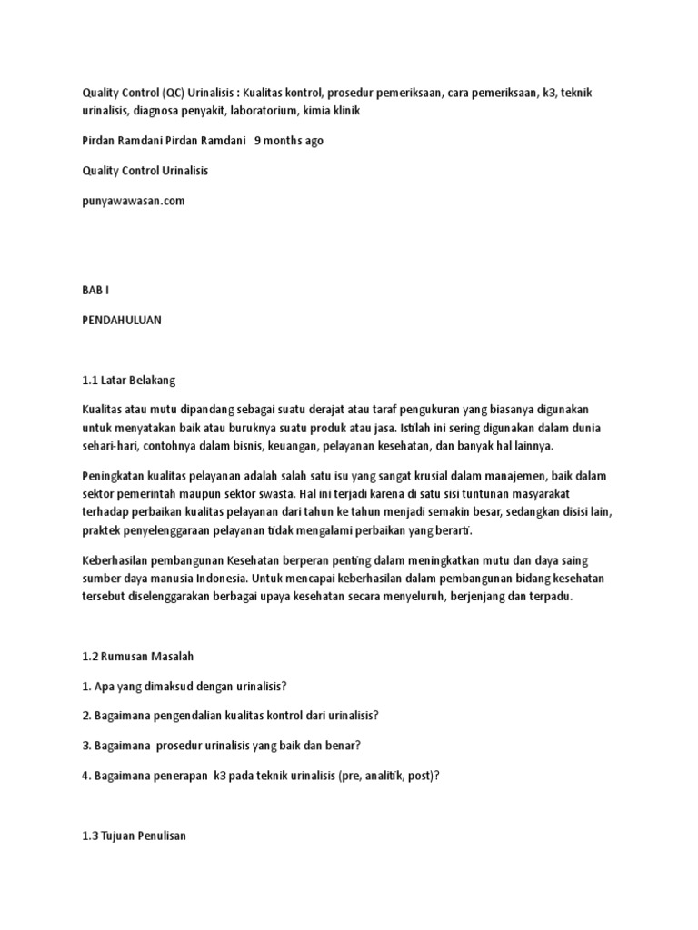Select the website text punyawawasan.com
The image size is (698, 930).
133,201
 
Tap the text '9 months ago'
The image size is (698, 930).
289,141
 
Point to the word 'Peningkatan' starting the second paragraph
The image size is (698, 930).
114,477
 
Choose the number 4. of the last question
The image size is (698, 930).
85,776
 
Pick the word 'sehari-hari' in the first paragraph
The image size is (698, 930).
107,447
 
